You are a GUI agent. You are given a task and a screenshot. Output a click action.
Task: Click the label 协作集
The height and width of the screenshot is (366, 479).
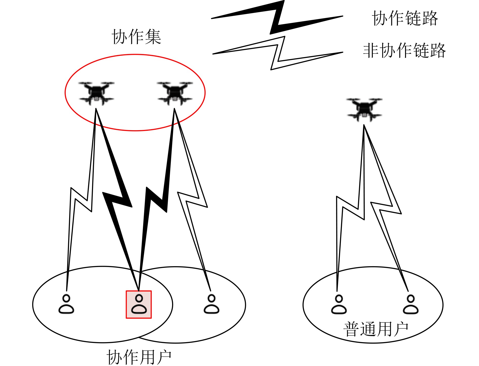click(x=136, y=37)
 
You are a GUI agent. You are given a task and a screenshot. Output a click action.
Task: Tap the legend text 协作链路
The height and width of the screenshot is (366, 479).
click(x=405, y=18)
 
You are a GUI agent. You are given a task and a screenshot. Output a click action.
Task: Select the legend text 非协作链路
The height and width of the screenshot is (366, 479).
click(x=404, y=51)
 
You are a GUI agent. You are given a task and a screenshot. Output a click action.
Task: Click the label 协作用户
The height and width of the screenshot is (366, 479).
click(x=139, y=357)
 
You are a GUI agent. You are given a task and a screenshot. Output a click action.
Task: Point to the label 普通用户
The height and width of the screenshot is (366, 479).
click(x=376, y=329)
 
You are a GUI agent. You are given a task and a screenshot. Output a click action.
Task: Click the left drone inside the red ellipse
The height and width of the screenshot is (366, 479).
click(x=96, y=93)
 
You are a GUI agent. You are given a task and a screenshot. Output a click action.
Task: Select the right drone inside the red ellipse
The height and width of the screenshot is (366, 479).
click(x=175, y=93)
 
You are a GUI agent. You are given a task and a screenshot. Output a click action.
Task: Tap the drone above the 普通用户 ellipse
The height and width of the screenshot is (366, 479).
click(x=364, y=109)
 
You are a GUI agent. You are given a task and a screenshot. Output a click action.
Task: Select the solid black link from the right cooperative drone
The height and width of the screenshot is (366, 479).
click(x=157, y=201)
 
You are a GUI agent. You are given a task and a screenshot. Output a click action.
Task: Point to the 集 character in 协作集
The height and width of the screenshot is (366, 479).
click(x=153, y=37)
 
